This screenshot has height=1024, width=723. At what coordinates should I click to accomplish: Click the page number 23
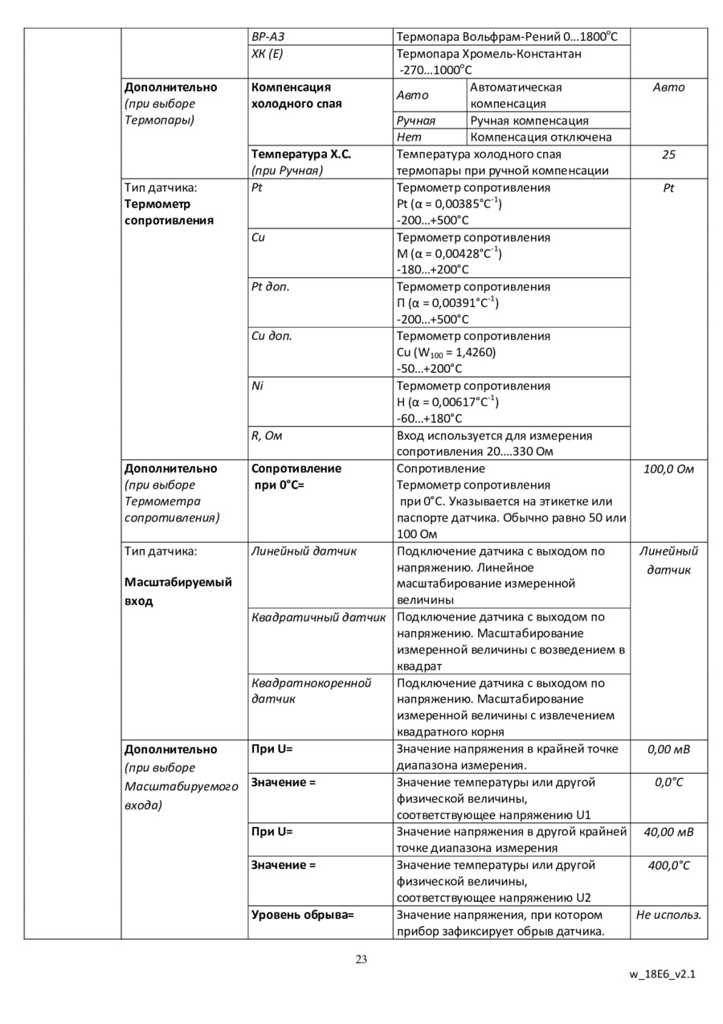click(361, 958)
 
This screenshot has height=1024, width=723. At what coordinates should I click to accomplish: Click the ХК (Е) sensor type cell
click(268, 54)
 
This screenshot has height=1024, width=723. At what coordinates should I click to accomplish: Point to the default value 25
click(668, 154)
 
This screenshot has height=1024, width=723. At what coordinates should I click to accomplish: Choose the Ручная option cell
click(416, 121)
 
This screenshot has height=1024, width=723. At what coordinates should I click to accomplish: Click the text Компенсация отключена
click(541, 137)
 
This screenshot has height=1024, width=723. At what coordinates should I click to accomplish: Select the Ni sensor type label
click(257, 386)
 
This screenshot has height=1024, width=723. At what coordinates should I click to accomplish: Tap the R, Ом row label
click(268, 436)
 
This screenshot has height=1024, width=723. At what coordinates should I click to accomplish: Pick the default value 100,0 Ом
click(668, 469)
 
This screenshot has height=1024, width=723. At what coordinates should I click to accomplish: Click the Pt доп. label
click(271, 287)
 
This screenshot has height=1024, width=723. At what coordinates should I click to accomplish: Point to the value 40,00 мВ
click(668, 832)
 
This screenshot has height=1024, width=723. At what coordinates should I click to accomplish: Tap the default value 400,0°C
click(668, 865)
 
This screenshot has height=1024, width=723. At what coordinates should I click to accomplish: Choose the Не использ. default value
click(668, 915)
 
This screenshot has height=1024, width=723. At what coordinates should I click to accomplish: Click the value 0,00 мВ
click(668, 749)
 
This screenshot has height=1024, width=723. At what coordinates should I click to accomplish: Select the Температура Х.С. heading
click(301, 154)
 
